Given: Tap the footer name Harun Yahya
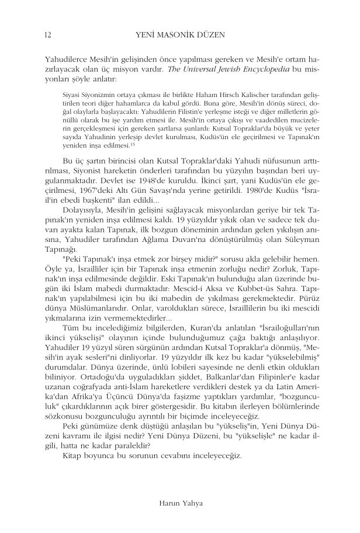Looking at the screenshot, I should pyautogui.click(x=179, y=501).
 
